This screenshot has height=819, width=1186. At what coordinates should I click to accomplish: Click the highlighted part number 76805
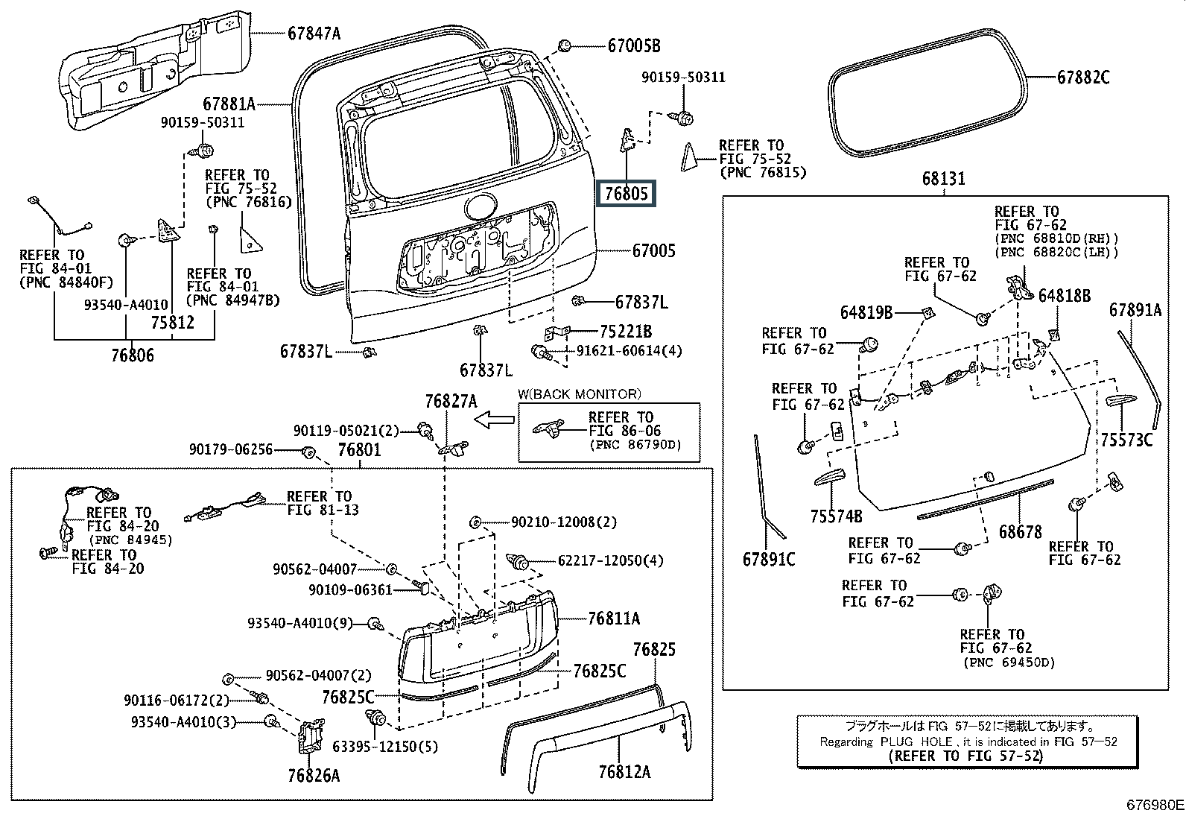(x=627, y=195)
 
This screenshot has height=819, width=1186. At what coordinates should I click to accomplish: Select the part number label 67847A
(x=314, y=33)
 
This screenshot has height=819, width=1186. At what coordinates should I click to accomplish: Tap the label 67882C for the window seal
(x=1082, y=78)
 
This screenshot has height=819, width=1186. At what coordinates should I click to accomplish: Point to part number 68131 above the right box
(x=943, y=179)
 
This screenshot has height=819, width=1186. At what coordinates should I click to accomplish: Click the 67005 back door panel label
(x=653, y=251)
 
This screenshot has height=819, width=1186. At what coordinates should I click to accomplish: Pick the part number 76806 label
(x=133, y=355)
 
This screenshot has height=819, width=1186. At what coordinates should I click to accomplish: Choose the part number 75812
(x=172, y=323)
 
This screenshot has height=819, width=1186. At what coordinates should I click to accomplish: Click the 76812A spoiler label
(x=624, y=772)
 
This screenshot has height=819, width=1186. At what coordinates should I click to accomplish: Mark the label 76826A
(x=314, y=776)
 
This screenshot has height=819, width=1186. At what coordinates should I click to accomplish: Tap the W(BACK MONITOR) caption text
(x=579, y=394)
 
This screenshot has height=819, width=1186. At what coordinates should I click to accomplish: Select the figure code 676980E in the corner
(x=1154, y=806)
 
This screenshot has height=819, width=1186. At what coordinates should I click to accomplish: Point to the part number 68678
(x=1020, y=532)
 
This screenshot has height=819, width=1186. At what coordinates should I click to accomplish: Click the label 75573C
(x=1126, y=440)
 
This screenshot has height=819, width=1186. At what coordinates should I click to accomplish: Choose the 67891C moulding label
(x=769, y=559)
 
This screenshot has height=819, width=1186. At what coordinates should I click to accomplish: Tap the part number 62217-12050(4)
(x=610, y=561)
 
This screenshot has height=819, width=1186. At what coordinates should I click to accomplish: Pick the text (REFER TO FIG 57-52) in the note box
(x=965, y=756)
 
